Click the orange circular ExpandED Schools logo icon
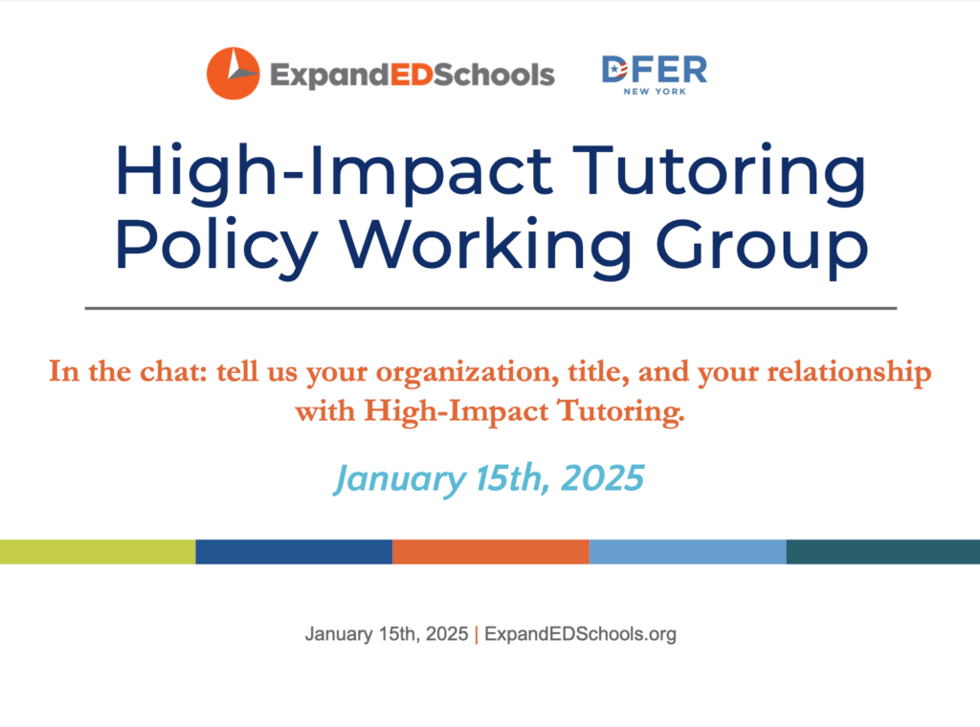234,73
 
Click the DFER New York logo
655,75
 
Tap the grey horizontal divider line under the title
491,308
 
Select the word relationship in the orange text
849,373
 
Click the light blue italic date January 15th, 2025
489,479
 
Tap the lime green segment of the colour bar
98,552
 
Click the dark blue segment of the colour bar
294,552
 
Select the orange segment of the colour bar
491,552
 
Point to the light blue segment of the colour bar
687,552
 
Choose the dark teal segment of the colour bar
883,552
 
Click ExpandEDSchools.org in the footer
580,634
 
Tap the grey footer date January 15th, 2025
387,634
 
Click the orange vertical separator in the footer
477,634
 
